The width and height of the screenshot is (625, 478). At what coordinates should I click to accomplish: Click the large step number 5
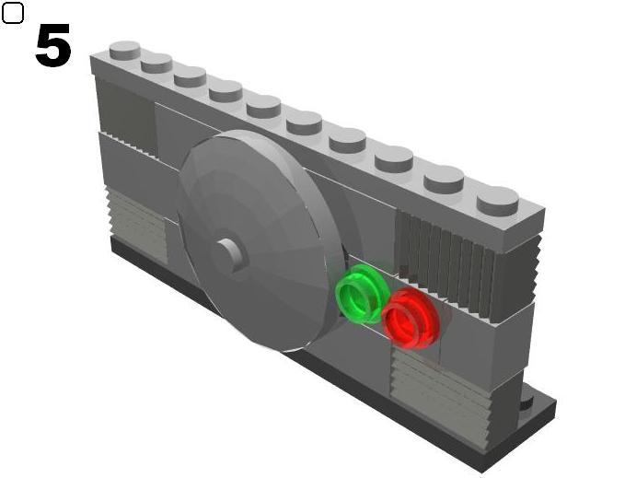52,46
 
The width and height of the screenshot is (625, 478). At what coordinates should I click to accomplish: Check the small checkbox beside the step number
13,14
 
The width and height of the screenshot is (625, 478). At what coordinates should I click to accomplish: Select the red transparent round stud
408,318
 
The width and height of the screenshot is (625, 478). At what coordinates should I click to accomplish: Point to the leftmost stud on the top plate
124,49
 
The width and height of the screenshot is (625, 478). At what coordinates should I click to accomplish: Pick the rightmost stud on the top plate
497,199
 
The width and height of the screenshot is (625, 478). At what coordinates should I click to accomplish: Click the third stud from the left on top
190,76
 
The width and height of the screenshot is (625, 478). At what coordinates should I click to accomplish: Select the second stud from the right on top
444,177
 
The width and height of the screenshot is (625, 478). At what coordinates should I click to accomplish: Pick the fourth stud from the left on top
226,90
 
